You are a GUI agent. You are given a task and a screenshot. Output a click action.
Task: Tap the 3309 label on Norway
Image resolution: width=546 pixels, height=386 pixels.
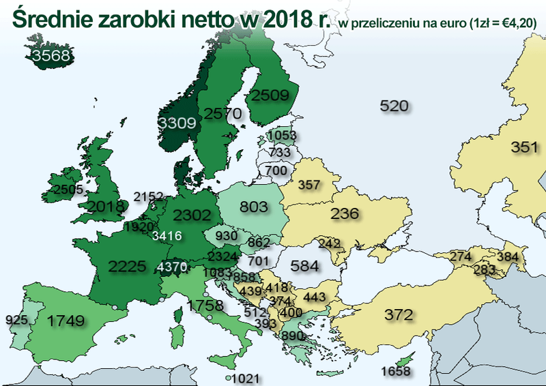tap(177, 123)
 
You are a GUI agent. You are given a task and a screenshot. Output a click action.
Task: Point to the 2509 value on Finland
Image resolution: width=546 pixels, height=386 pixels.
tap(272, 95)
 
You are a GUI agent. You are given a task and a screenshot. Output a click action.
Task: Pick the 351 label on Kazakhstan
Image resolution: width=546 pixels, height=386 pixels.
tap(525, 147)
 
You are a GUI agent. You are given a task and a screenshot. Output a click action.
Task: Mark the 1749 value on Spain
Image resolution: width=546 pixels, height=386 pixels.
tap(66, 319)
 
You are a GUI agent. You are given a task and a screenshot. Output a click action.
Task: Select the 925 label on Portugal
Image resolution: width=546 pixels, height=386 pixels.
tap(16, 319)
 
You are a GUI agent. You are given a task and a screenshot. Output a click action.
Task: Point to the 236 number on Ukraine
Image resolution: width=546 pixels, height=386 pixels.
tap(344, 214)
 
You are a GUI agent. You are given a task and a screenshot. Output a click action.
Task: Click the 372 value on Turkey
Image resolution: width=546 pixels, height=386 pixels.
tap(399, 315)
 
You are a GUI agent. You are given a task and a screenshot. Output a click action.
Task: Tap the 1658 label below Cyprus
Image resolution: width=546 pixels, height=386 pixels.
tap(396, 371)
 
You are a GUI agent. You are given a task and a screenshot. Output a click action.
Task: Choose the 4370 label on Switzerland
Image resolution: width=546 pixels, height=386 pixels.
tap(171, 267)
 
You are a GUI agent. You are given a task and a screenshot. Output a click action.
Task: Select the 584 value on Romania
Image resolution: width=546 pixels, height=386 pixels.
tap(305, 265)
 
